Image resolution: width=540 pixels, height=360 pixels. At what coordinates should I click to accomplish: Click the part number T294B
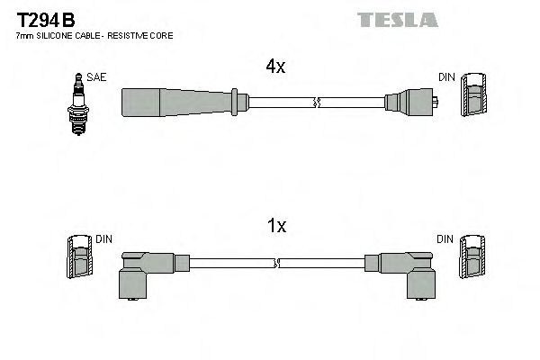(41, 19)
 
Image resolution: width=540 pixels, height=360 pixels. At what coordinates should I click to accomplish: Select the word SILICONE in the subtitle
(50, 35)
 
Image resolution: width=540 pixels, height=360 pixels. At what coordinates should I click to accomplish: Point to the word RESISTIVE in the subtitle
(135, 35)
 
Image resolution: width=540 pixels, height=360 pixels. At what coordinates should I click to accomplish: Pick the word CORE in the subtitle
(162, 35)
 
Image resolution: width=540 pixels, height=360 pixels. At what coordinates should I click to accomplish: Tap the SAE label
(96, 77)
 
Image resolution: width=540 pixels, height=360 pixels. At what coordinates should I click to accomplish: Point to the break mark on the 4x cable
(315, 102)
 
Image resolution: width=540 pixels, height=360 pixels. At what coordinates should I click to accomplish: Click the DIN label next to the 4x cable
(446, 77)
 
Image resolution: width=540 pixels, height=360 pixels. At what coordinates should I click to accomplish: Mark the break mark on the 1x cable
(278, 263)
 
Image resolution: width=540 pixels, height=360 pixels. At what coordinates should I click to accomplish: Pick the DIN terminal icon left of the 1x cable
(79, 257)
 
